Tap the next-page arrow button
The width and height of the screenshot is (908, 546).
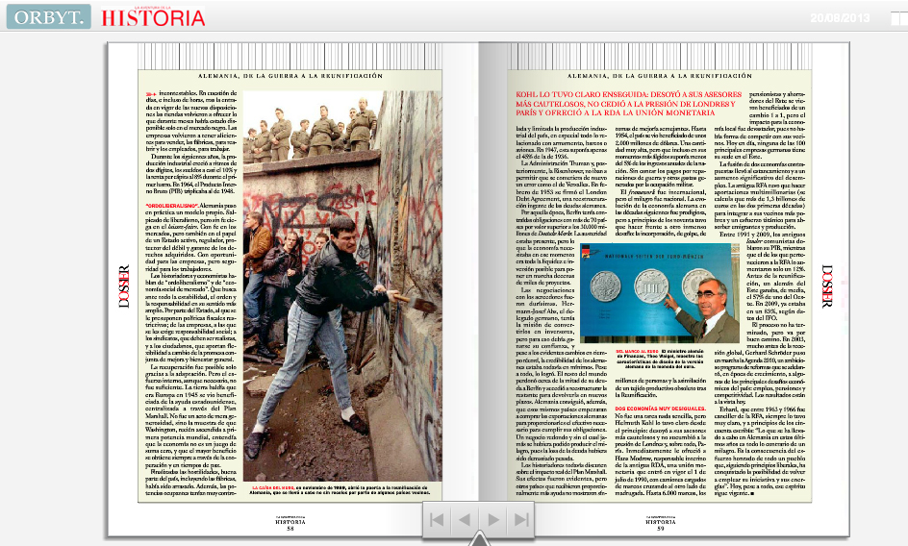[x=493, y=520]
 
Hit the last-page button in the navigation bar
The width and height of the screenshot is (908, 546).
[x=522, y=520]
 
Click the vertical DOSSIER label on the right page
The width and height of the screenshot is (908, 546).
[x=826, y=286]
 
